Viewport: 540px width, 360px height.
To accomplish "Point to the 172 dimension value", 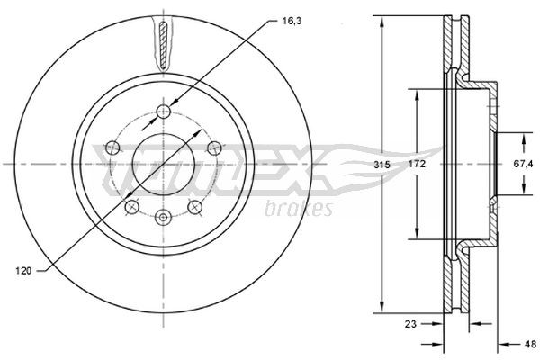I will [x=415, y=166].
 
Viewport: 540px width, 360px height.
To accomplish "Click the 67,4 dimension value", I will [x=514, y=166].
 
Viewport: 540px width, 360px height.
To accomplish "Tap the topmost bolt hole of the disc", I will [x=163, y=112].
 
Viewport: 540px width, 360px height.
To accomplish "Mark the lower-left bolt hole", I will [x=132, y=207].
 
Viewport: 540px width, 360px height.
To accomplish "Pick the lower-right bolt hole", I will [x=193, y=207].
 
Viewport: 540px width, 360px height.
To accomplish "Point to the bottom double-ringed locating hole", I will [x=163, y=216].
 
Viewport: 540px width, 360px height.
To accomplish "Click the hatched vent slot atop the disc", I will [x=163, y=42].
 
